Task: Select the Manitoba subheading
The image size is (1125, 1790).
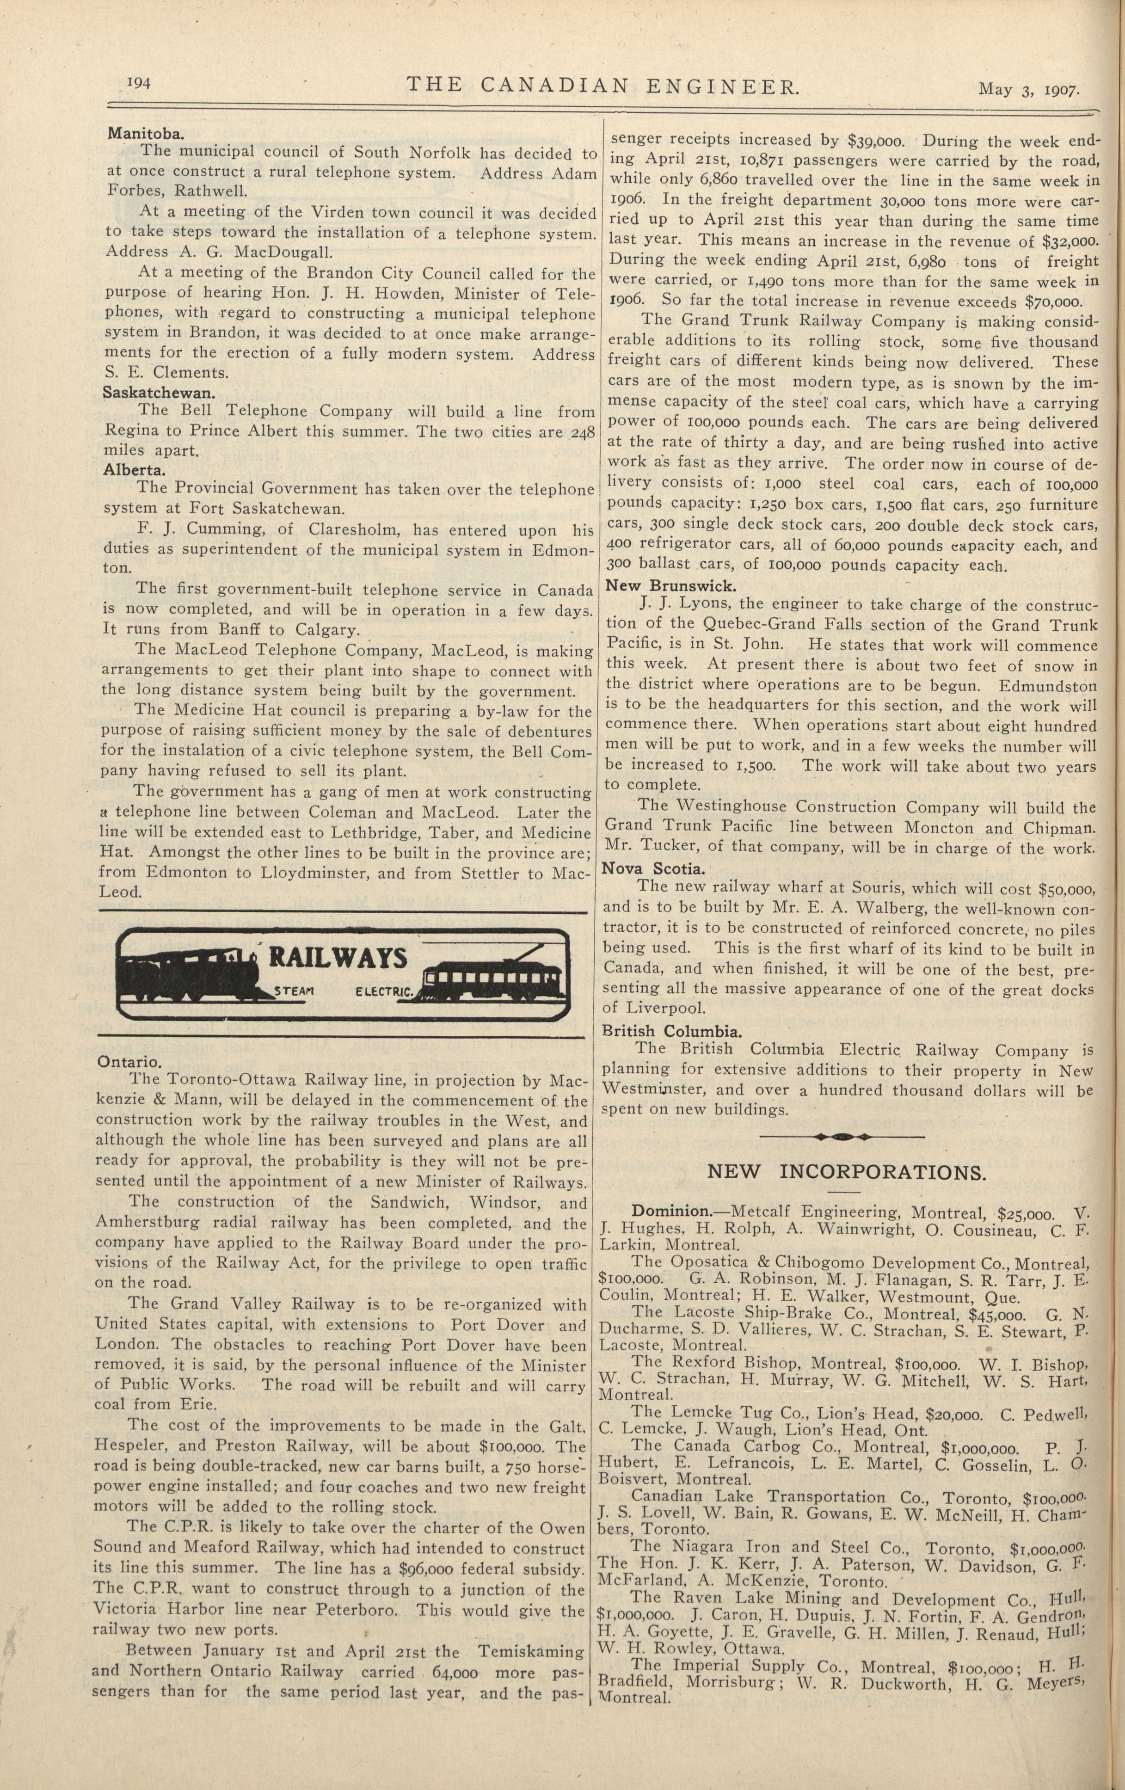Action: click(146, 134)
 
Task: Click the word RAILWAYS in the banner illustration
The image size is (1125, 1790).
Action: click(338, 958)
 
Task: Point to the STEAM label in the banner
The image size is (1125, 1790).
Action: click(295, 991)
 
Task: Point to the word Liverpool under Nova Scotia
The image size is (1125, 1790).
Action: click(664, 1009)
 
